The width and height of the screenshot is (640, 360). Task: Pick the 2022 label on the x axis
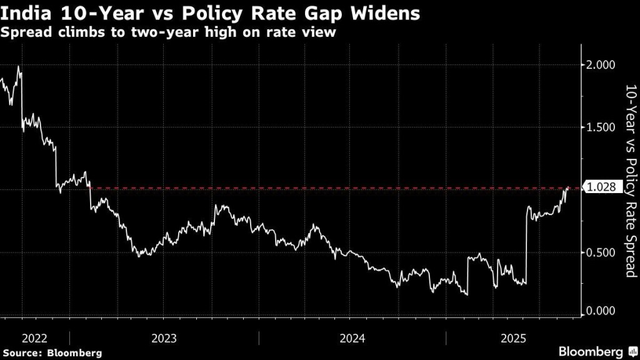tap(34, 338)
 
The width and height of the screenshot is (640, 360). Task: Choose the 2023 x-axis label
tap(164, 338)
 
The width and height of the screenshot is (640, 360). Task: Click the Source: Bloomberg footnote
tap(51, 353)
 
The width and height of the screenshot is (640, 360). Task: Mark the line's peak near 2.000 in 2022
tap(19, 66)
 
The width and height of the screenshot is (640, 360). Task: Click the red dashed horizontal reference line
tap(312, 187)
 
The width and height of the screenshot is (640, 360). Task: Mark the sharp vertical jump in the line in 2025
tap(527, 244)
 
